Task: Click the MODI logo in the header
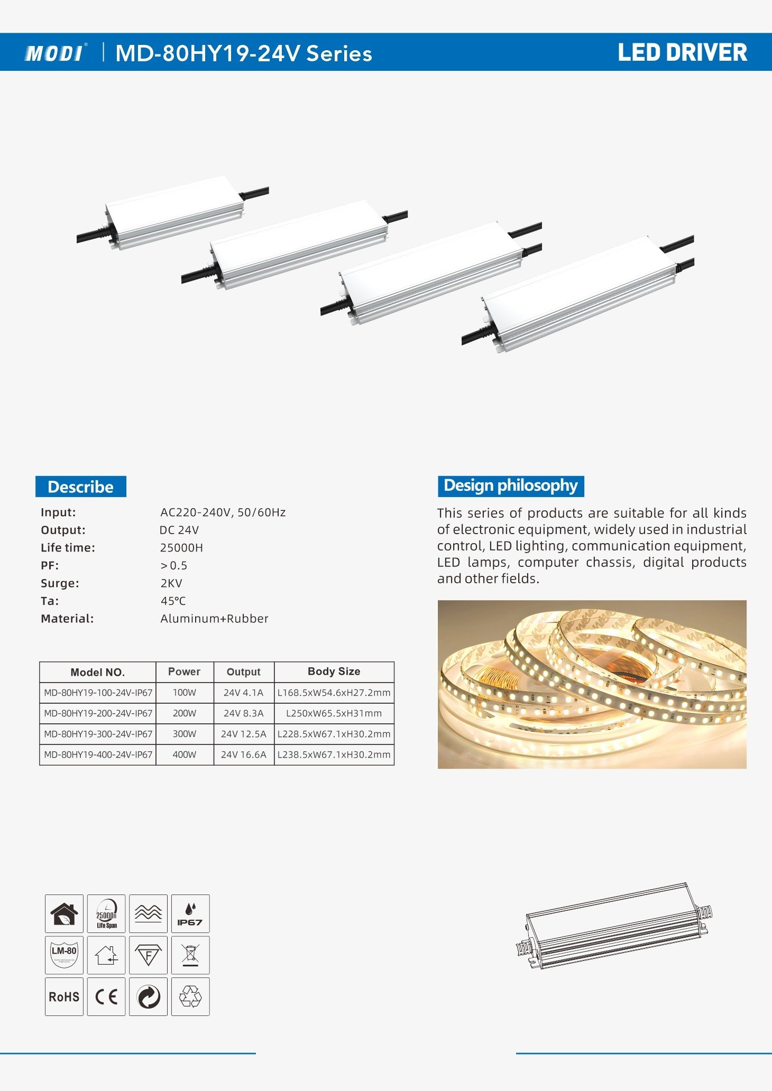[x=54, y=53]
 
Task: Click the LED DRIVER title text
[x=682, y=53]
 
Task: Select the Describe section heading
[x=80, y=487]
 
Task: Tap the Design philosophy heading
[x=510, y=486]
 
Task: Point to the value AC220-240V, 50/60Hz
[x=223, y=512]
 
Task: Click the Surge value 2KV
[x=171, y=583]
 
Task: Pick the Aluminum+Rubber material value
[x=214, y=619]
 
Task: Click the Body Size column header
[x=334, y=672]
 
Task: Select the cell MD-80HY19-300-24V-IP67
[x=98, y=734]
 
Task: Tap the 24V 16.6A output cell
[x=243, y=754]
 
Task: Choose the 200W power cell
[x=184, y=713]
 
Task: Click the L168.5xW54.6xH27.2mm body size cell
[x=334, y=693]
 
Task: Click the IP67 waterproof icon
[x=190, y=913]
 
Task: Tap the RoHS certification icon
[x=64, y=996]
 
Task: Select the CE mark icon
[x=106, y=996]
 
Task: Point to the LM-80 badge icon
[x=64, y=955]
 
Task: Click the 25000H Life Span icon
[x=106, y=913]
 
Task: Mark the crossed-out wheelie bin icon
[x=190, y=955]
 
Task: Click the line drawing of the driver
[x=613, y=926]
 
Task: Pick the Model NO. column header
[x=98, y=672]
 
